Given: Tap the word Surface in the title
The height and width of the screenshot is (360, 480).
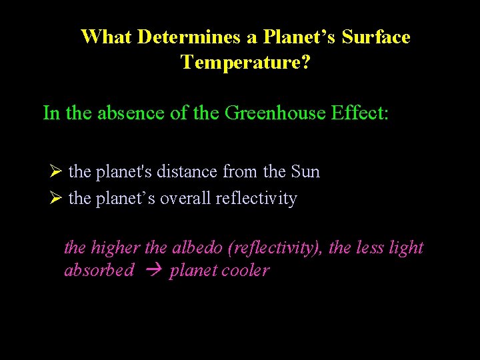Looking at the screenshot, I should click(376, 37).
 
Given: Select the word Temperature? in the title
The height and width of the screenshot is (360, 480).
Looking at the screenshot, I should click(245, 63).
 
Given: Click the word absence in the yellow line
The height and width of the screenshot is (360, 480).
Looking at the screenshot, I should click(131, 113).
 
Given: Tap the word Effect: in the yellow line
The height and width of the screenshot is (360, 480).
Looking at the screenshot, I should click(363, 113).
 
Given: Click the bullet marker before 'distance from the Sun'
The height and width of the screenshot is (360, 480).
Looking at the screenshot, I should click(56, 172).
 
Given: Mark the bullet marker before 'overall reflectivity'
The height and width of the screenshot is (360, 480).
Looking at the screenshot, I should click(56, 199).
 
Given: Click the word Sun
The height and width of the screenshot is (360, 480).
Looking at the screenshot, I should click(305, 172).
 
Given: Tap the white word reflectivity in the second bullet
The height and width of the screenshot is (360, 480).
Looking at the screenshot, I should click(256, 199).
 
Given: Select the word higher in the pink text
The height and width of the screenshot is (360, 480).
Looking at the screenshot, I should click(115, 248).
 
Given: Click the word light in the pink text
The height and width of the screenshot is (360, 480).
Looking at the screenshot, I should click(407, 248).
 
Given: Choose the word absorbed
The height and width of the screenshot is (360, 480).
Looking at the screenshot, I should click(99, 271).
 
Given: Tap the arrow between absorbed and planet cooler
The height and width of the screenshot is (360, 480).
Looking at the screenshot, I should click(151, 271).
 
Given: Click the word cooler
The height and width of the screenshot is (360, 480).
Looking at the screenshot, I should click(246, 271).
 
